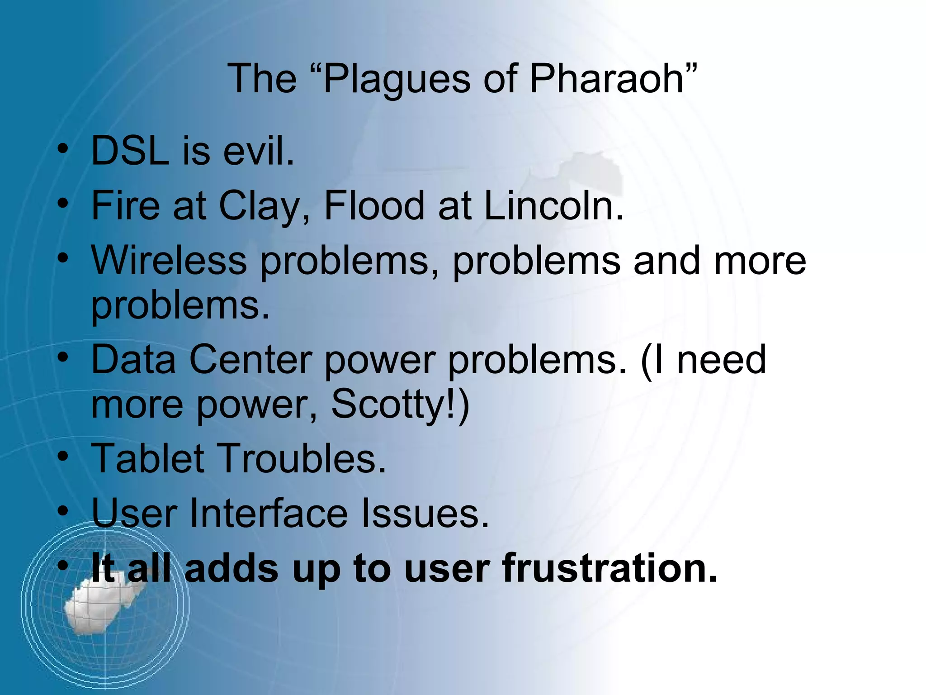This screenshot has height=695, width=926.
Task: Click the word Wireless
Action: pos(169,261)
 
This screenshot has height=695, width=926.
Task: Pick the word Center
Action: pos(250,360)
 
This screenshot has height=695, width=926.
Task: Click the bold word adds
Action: pos(231,568)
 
